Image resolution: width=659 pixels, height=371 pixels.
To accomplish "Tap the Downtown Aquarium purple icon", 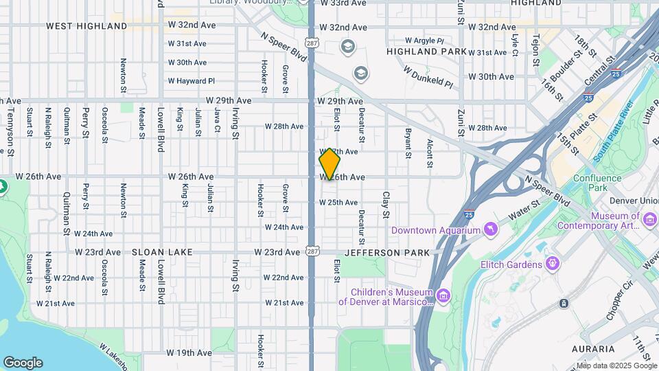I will click(491, 229).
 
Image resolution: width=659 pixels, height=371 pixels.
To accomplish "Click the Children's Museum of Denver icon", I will click(443, 296).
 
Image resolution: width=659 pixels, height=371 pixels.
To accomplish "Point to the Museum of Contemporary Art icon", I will click(650, 218).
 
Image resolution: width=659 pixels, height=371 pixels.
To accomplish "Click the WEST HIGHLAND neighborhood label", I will click(86, 26).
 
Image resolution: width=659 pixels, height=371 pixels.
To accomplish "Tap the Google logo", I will click(23, 363).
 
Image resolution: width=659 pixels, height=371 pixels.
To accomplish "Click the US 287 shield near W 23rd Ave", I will click(312, 251).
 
